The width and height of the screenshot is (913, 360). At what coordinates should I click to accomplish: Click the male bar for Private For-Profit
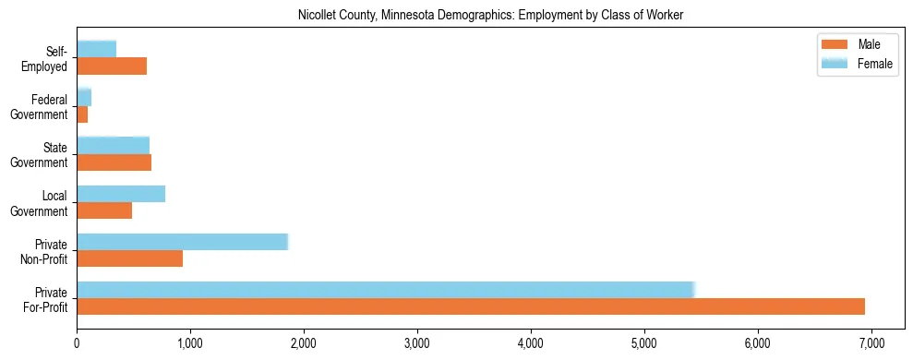click(x=471, y=306)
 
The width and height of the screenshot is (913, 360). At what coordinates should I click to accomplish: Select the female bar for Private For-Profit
click(x=385, y=290)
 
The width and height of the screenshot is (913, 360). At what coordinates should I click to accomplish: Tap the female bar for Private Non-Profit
click(x=182, y=242)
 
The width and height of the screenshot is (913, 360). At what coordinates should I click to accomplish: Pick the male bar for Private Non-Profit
click(x=129, y=258)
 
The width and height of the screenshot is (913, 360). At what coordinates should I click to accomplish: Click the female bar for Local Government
click(x=121, y=194)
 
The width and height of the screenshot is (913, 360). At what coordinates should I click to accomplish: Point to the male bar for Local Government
click(x=104, y=210)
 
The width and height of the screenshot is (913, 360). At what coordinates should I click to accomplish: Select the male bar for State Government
click(x=114, y=162)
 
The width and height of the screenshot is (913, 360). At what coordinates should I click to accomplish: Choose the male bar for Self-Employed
click(x=112, y=66)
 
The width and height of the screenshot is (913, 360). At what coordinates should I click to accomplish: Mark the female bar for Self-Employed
click(x=96, y=49)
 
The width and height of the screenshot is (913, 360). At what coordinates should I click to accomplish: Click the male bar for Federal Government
click(x=82, y=114)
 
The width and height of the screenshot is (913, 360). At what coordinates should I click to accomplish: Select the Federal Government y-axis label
click(x=40, y=106)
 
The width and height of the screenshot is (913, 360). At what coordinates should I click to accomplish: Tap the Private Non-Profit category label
click(x=44, y=250)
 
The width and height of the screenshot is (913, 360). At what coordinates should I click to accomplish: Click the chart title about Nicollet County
click(x=490, y=15)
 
